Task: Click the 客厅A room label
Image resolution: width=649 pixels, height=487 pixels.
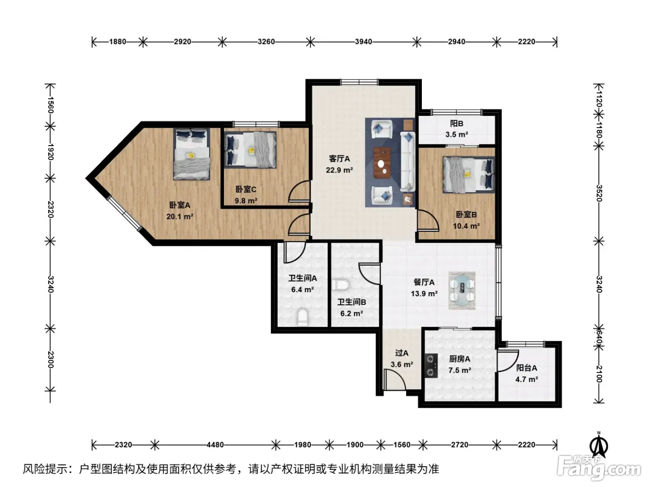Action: (339, 159)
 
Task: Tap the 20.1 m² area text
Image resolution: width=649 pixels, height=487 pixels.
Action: (180, 217)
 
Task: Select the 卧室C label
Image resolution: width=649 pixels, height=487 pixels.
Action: (246, 189)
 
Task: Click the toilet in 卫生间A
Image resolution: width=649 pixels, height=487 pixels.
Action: (302, 317)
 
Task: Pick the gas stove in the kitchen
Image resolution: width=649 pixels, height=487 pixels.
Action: (431, 365)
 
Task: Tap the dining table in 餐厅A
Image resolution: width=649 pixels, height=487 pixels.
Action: (462, 290)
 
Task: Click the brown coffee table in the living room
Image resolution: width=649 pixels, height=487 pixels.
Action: (382, 163)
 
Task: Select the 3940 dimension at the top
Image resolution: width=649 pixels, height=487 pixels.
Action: (363, 42)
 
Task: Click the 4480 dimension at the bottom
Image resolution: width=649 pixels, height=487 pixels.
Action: (215, 444)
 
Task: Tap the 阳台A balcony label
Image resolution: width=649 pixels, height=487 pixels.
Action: (527, 368)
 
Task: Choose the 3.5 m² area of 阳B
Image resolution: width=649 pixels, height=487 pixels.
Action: (457, 135)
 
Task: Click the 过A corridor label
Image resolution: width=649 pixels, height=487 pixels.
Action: (402, 353)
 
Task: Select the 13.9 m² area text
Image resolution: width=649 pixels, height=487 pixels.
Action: (424, 294)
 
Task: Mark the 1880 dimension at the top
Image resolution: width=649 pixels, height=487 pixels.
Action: (118, 42)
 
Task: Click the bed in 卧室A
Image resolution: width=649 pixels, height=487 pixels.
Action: (191, 154)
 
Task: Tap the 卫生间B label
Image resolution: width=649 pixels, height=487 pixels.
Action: (351, 302)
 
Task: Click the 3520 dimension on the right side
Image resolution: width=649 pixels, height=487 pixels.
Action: (599, 193)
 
